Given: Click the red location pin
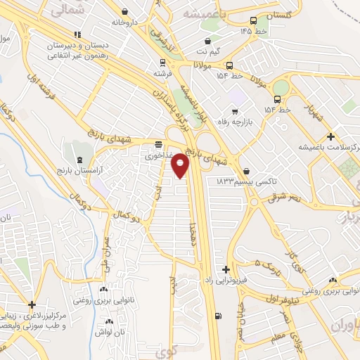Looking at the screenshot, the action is tap(181, 165).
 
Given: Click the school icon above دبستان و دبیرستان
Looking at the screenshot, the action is tap(78, 34).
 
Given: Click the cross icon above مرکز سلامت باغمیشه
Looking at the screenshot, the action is tap(331, 136).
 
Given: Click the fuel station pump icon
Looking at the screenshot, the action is tap(218, 316).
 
